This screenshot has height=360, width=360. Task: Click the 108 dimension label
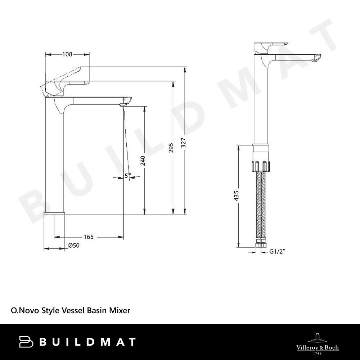pyautogui.click(x=67, y=54)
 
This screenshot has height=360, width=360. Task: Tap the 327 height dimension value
pyautogui.click(x=184, y=143)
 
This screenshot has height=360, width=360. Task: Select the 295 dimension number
pyautogui.click(x=171, y=148)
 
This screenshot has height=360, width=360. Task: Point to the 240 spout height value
pyautogui.click(x=143, y=161)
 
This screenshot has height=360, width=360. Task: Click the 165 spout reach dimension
pyautogui.click(x=89, y=237)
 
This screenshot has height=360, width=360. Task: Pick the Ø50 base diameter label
pyautogui.click(x=74, y=246)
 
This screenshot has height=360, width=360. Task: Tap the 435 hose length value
pyautogui.click(x=237, y=196)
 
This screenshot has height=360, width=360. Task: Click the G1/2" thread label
pyautogui.click(x=277, y=252)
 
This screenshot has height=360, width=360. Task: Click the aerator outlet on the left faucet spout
pyautogui.click(x=123, y=105)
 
